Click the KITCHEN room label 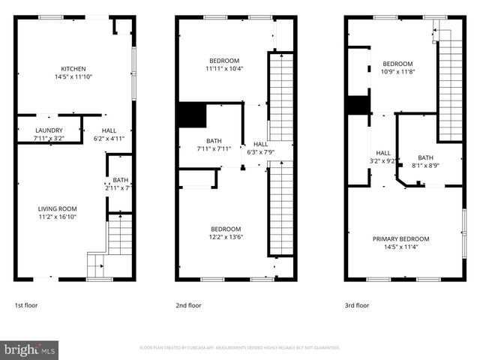pyautogui.click(x=73, y=68)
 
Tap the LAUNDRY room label pyautogui.click(x=49, y=130)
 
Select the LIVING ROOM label pyautogui.click(x=57, y=208)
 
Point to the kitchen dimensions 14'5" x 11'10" pyautogui.click(x=73, y=76)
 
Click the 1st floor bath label pyautogui.click(x=120, y=180)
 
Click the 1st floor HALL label pyautogui.click(x=109, y=130)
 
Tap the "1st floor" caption pyautogui.click(x=25, y=305)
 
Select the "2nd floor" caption pyautogui.click(x=188, y=305)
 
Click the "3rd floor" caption pyautogui.click(x=356, y=305)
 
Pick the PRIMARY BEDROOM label pyautogui.click(x=405, y=239)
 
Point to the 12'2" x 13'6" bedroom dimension pyautogui.click(x=225, y=237)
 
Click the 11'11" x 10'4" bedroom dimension pyautogui.click(x=224, y=68)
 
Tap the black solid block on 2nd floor pyautogui.click(x=191, y=115)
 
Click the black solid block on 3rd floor pyautogui.click(x=358, y=105)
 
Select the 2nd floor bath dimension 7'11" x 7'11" pyautogui.click(x=213, y=148)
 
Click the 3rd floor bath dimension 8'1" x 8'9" pyautogui.click(x=425, y=165)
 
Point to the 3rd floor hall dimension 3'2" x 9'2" pyautogui.click(x=383, y=160)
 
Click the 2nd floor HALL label pyautogui.click(x=260, y=144)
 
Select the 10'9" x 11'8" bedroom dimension pyautogui.click(x=397, y=72)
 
